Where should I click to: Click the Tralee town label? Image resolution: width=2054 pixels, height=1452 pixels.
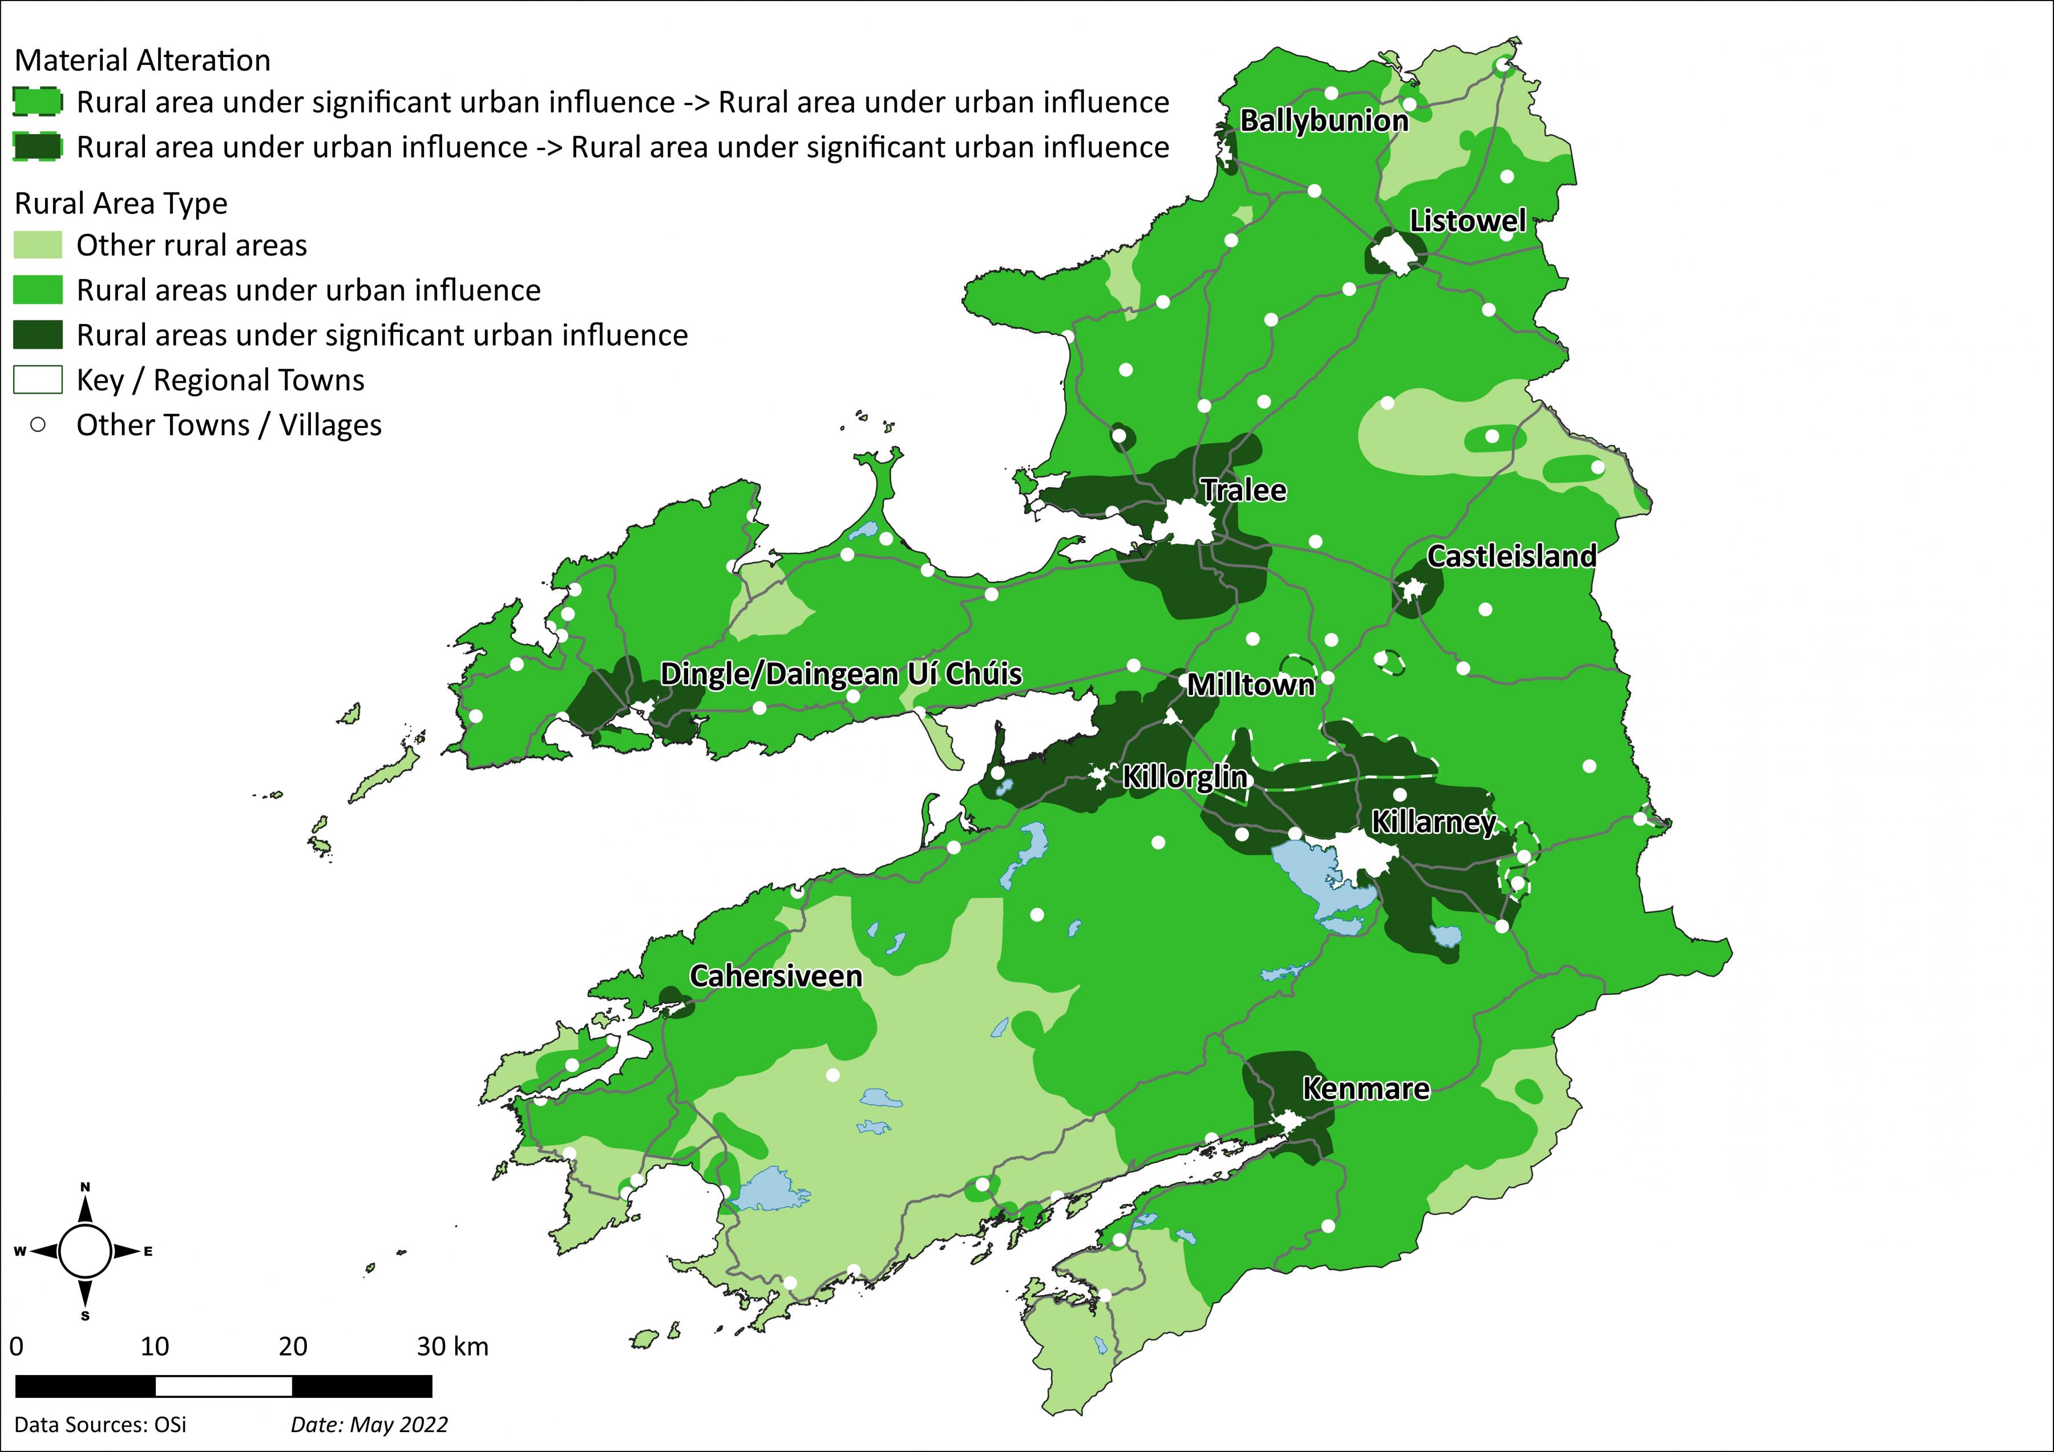tap(1243, 490)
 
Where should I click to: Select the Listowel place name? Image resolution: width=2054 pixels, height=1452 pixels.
tap(1467, 221)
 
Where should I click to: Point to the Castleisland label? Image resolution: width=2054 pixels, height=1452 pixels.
tap(1511, 556)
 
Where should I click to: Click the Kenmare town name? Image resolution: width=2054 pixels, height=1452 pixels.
tap(1365, 1089)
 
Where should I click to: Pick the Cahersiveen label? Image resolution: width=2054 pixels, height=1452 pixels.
tap(775, 976)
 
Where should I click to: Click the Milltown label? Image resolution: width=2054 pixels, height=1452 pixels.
tap(1251, 685)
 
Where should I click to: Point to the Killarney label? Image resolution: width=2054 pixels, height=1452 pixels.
tap(1433, 822)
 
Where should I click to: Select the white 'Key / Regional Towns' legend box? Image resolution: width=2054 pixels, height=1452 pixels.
tap(38, 380)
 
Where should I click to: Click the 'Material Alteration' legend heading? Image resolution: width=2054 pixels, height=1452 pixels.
tap(142, 61)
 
